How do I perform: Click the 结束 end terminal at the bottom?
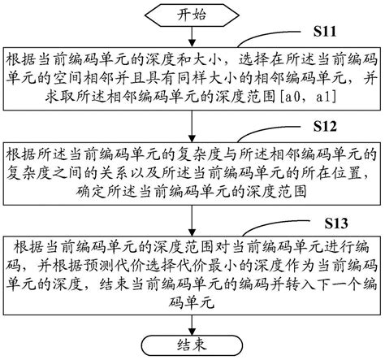(x=192, y=345)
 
